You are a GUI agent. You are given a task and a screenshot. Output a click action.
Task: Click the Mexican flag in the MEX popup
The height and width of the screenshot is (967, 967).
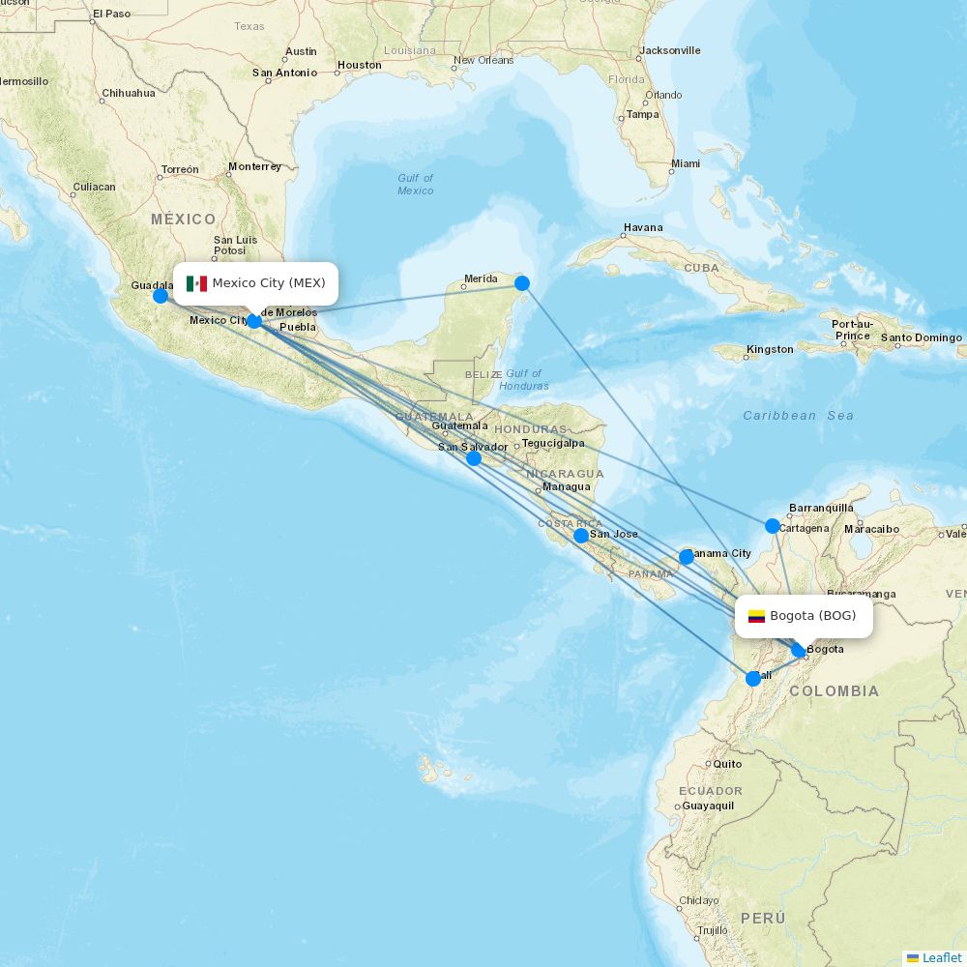(x=196, y=283)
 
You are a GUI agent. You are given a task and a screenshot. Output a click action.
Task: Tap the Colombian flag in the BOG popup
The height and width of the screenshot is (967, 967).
(x=756, y=616)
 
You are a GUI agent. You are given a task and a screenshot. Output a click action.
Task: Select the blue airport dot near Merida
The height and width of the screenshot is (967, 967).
(x=522, y=283)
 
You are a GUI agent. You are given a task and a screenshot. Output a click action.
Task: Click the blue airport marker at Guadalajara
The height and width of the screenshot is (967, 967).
(x=161, y=295)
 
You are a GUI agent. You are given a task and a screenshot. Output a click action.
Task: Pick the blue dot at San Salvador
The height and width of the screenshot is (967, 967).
(x=474, y=458)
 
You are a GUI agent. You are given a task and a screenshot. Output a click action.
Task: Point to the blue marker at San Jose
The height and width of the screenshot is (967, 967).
(x=580, y=536)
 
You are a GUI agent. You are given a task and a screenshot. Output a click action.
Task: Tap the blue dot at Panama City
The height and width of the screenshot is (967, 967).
(x=687, y=557)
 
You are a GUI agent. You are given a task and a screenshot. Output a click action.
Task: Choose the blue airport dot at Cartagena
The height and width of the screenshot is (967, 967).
(x=773, y=526)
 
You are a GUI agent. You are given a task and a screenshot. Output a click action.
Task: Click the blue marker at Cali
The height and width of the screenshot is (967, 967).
(x=753, y=679)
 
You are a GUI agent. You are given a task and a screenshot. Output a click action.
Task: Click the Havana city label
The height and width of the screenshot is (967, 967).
(x=643, y=228)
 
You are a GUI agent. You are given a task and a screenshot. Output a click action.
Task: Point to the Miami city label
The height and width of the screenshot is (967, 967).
(x=686, y=164)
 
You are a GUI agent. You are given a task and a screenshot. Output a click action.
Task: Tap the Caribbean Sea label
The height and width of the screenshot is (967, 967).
(x=798, y=416)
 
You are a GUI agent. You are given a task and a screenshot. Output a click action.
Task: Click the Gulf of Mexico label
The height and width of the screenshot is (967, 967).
(x=416, y=184)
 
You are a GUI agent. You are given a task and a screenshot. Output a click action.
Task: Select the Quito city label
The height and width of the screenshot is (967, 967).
(x=727, y=764)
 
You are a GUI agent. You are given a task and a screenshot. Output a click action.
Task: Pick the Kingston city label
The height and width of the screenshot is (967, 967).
(x=770, y=349)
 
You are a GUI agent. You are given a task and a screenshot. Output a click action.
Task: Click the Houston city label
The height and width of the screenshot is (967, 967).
(x=359, y=66)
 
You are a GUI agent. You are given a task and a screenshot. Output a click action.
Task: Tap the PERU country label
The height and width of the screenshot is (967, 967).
(x=763, y=918)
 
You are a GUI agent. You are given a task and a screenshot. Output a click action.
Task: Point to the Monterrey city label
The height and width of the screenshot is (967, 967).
(x=254, y=166)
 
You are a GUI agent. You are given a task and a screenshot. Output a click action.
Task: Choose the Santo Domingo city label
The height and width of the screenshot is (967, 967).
(x=922, y=338)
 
